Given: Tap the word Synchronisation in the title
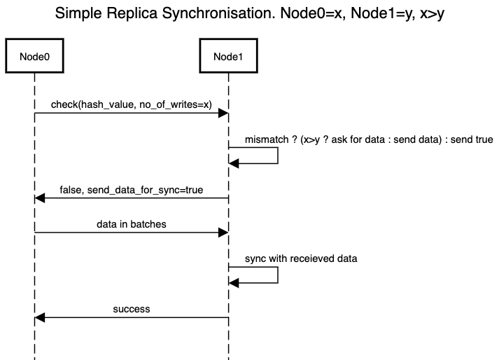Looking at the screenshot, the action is [218, 14].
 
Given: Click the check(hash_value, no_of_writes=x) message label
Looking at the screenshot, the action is [132, 104].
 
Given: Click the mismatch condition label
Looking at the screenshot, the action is [369, 139].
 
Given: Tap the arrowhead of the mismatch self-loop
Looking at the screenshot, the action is [234, 163].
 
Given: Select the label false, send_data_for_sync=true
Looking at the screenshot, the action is [132, 190].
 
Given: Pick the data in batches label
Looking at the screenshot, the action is [132, 224].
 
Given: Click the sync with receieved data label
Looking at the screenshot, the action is [301, 258].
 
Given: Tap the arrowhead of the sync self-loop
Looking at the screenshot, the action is [234, 283].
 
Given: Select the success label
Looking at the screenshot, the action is [132, 309].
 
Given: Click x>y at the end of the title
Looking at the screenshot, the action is [432, 14].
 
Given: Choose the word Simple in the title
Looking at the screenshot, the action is [78, 14].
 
